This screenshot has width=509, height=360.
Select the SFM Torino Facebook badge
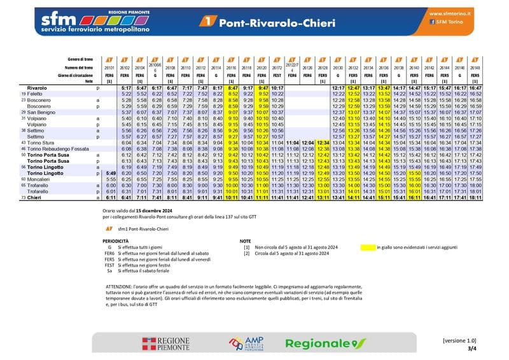point(449,22)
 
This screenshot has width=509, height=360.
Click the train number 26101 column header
point(109,67)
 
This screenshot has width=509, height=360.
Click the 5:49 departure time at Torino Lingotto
point(109,173)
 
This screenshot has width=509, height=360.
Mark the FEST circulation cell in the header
point(277,75)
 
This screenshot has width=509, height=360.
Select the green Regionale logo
point(325,343)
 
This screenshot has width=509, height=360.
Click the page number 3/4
point(471,349)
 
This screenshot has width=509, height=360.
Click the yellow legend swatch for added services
point(367,247)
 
